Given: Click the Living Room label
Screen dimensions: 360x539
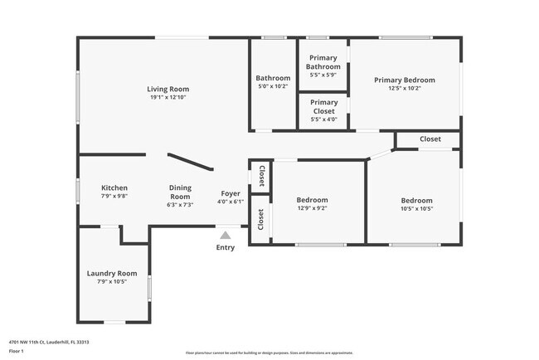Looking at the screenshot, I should [x=168, y=89].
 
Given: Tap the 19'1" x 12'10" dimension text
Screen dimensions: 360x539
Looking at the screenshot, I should [x=168, y=98].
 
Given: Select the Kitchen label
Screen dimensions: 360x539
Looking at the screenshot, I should [x=114, y=187].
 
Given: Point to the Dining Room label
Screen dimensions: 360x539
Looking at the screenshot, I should [x=180, y=192].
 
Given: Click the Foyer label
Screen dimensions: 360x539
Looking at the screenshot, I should [x=230, y=193].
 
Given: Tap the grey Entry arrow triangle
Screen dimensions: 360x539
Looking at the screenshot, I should [x=225, y=236].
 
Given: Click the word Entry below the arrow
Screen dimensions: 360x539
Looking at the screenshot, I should [x=225, y=247].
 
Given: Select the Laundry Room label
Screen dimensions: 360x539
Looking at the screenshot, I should [x=112, y=273].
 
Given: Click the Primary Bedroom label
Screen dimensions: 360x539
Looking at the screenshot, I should [x=404, y=80].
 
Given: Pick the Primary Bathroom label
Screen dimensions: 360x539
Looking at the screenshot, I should [x=322, y=63].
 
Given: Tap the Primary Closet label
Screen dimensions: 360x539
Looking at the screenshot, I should [x=323, y=106].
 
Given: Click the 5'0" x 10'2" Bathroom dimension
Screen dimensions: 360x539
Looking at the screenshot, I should [x=272, y=86].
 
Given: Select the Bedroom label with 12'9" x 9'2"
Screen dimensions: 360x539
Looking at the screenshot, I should [x=312, y=200].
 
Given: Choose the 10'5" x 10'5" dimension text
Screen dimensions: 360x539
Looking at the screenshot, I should [x=416, y=209].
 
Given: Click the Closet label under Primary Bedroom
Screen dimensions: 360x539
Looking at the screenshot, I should [x=430, y=139].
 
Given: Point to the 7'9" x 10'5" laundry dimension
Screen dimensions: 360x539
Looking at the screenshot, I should [x=112, y=282].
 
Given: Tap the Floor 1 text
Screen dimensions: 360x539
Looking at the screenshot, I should [x=17, y=351].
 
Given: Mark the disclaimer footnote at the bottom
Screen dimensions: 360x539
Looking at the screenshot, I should [x=269, y=352].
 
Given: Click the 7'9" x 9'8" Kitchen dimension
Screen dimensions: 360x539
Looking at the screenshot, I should [x=114, y=197].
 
